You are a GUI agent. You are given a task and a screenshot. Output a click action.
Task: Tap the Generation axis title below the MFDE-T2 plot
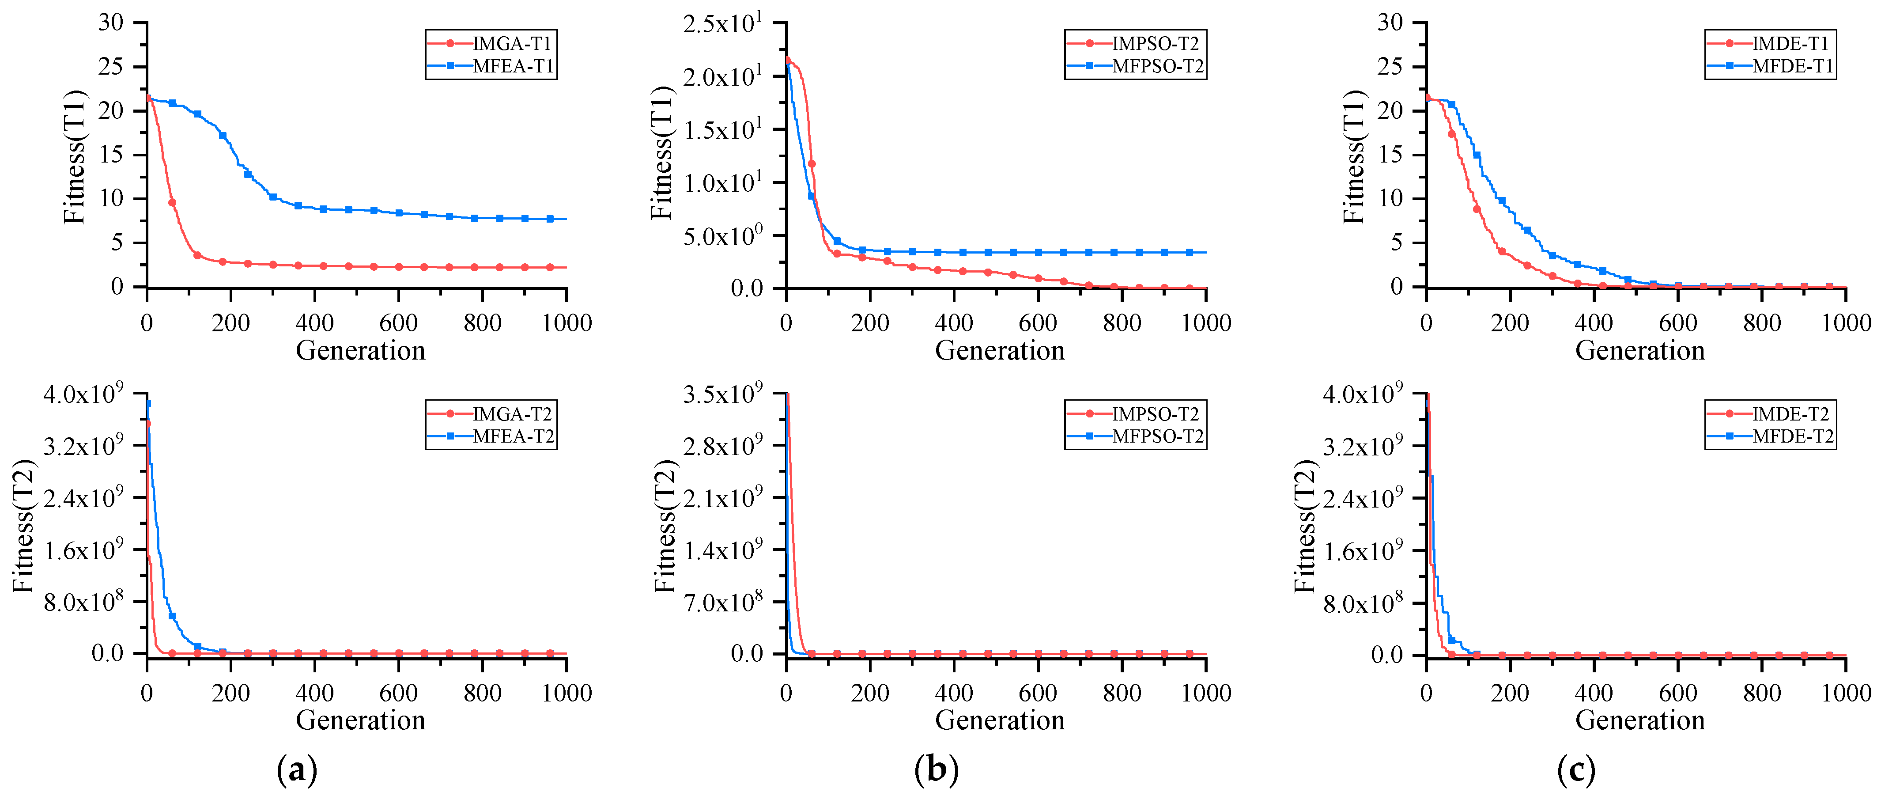coord(1639,721)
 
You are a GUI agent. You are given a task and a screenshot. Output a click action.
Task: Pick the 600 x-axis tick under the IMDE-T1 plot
coord(1678,323)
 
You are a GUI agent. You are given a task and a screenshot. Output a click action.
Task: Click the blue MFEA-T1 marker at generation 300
coord(273,197)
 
